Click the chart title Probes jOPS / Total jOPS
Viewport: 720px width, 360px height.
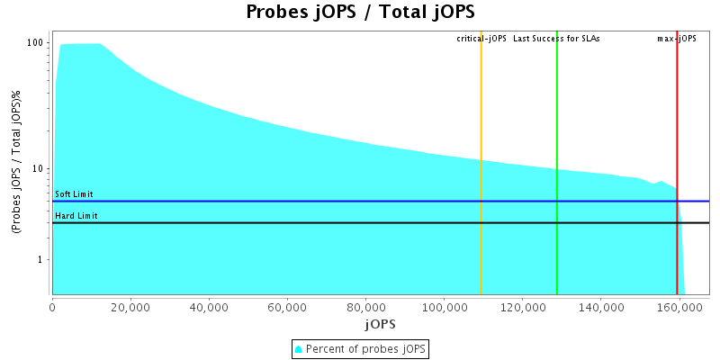tap(360, 13)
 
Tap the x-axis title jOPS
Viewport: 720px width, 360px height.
tap(380, 323)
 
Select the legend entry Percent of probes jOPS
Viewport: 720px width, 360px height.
tap(360, 348)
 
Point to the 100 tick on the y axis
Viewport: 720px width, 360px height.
tap(36, 42)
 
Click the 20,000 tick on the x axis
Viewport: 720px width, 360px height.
tap(130, 307)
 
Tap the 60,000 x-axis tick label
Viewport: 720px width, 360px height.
tap(287, 307)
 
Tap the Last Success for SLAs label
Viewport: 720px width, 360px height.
tap(556, 39)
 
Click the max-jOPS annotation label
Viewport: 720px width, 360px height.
tap(677, 39)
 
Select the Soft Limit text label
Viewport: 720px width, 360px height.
tap(74, 194)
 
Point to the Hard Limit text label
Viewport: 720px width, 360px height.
tap(76, 216)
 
